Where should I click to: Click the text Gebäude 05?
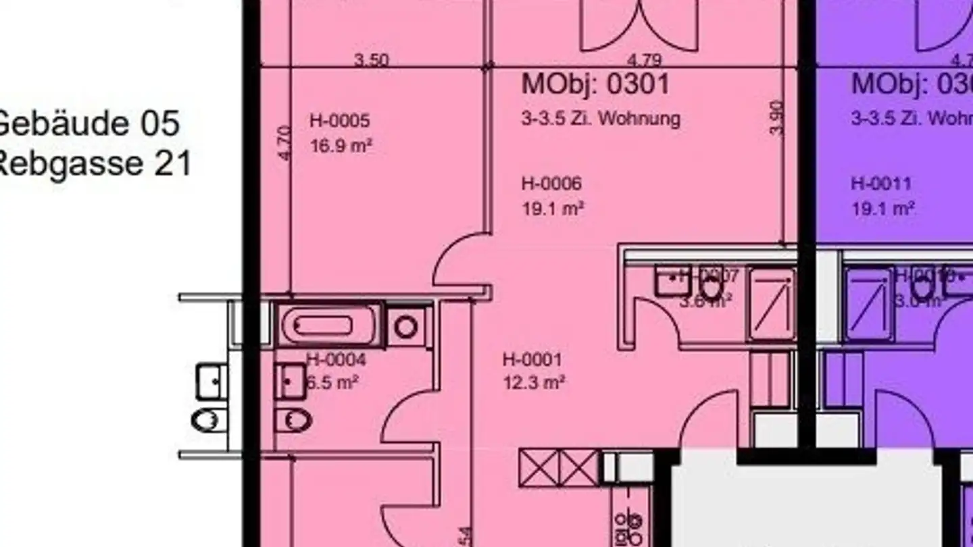pyautogui.click(x=88, y=124)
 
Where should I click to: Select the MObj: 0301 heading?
pyautogui.click(x=595, y=84)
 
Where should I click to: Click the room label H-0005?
pyautogui.click(x=340, y=121)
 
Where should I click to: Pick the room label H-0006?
pyautogui.click(x=551, y=184)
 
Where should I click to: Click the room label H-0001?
pyautogui.click(x=532, y=359)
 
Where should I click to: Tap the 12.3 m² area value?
pyautogui.click(x=534, y=383)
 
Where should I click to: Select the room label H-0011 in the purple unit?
pyautogui.click(x=881, y=184)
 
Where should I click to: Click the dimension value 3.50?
pyautogui.click(x=372, y=59)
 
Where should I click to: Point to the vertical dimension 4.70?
pyautogui.click(x=284, y=142)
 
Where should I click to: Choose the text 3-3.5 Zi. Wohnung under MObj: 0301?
pyautogui.click(x=600, y=119)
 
